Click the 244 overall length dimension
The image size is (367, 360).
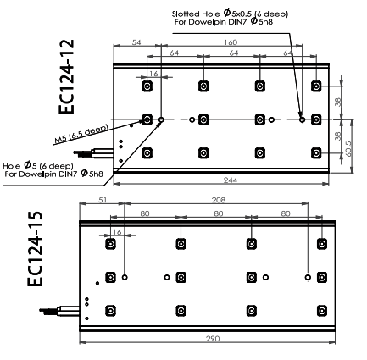click(231, 180)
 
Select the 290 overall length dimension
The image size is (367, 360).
click(213, 338)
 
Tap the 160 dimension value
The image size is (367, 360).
click(231, 42)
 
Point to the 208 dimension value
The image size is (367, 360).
click(219, 200)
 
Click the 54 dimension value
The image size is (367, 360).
click(136, 42)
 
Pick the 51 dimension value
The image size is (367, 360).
click(103, 200)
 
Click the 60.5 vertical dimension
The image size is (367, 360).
click(348, 148)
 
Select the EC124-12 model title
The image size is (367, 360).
click(67, 77)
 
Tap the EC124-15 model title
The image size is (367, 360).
click(35, 249)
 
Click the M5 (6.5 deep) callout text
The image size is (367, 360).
click(81, 134)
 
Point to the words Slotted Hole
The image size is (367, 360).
click(196, 14)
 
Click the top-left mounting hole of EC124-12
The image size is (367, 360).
click(147, 86)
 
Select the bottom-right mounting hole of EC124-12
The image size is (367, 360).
click(316, 153)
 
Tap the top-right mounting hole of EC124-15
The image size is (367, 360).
click(322, 244)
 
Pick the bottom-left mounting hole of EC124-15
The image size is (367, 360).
click(110, 311)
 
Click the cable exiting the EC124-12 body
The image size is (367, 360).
click(93, 153)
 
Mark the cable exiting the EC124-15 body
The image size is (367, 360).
click(59, 311)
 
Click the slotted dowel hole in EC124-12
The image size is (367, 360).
click(302, 119)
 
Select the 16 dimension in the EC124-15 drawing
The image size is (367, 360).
click(117, 232)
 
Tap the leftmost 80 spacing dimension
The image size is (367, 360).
click(145, 213)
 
